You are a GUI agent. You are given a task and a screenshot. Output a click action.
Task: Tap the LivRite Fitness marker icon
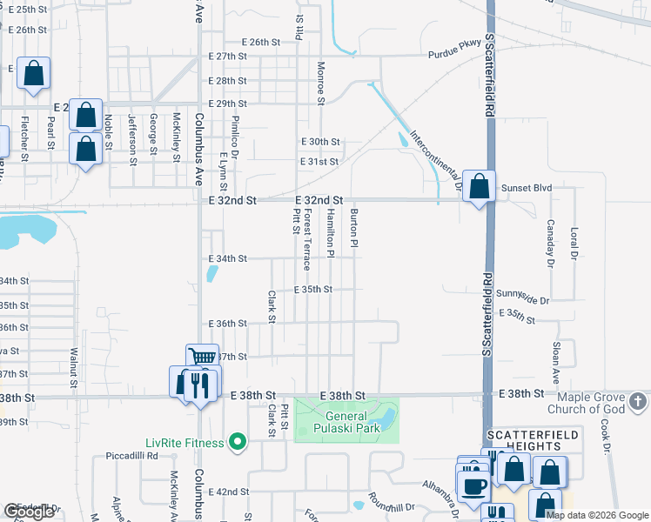[236, 444]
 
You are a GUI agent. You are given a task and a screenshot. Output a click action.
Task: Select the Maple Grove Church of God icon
[638, 401]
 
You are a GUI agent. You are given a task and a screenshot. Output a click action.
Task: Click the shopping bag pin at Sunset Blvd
[479, 186]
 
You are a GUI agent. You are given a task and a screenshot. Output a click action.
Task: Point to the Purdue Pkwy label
[454, 54]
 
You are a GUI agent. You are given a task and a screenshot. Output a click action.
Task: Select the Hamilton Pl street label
[331, 233]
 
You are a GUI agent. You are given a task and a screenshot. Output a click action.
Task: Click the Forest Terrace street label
[307, 238]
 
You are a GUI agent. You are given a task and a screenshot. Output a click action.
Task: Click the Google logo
[29, 512]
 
